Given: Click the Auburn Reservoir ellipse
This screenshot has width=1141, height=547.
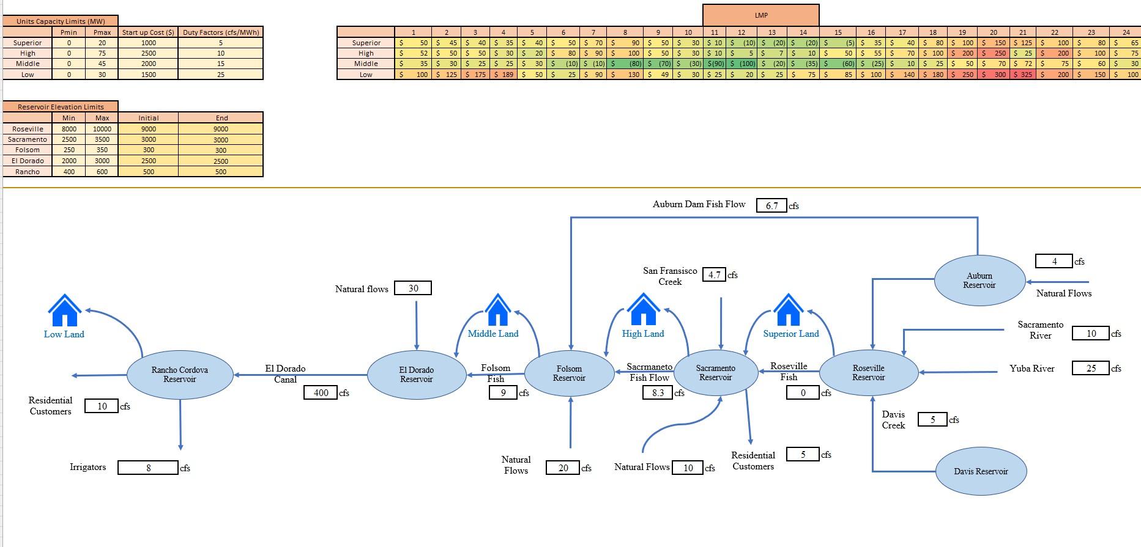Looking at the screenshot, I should click(979, 281).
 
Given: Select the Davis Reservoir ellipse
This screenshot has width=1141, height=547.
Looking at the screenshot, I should click(981, 471).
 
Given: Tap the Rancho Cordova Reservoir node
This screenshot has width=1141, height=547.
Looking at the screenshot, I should click(180, 375).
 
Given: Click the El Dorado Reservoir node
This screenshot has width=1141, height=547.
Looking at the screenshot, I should click(417, 375).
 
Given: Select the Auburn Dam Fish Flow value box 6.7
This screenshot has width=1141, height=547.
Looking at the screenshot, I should click(771, 205).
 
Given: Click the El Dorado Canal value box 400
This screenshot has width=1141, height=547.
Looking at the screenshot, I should click(321, 392).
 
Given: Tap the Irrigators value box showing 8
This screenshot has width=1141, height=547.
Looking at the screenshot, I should click(148, 468).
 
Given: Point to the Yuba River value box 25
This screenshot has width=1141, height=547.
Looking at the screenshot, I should click(1090, 368).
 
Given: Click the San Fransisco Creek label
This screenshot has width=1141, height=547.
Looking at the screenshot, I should click(670, 276).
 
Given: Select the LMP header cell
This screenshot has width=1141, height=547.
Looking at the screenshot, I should click(760, 15).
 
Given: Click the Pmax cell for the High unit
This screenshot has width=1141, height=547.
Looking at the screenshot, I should click(102, 53).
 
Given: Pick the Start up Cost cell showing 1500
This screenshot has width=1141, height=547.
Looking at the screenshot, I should click(148, 75).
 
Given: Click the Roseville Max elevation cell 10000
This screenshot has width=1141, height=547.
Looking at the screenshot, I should click(102, 129).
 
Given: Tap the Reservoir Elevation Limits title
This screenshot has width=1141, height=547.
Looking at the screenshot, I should click(61, 106).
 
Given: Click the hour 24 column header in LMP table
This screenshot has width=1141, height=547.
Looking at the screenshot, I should click(1126, 32).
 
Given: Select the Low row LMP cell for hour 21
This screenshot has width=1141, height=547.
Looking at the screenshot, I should click(1022, 75).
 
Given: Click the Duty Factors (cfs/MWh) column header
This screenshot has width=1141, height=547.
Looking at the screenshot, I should click(221, 32).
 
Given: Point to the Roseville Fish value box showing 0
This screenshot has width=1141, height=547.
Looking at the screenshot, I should click(803, 393).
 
